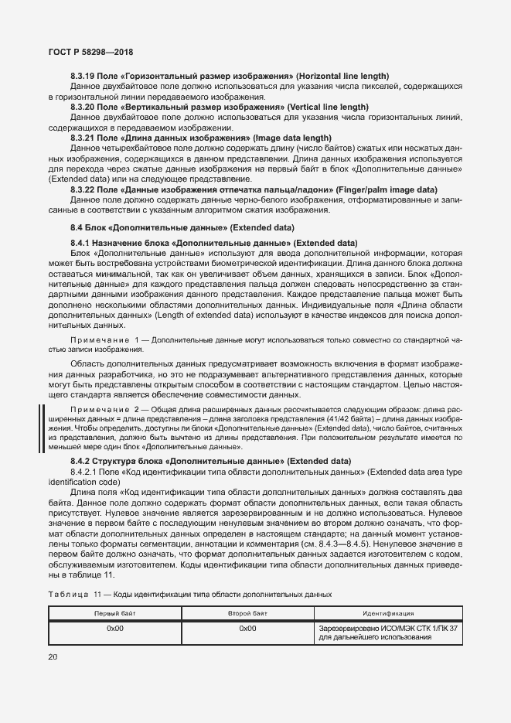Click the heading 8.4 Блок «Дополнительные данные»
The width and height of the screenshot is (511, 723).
click(x=182, y=227)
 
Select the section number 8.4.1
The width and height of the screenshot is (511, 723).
click(x=81, y=243)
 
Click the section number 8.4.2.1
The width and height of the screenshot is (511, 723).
click(x=86, y=471)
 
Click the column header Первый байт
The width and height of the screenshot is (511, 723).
click(x=114, y=612)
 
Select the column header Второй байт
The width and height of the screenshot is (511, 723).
click(x=247, y=612)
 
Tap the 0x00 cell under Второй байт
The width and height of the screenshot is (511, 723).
click(x=247, y=629)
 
